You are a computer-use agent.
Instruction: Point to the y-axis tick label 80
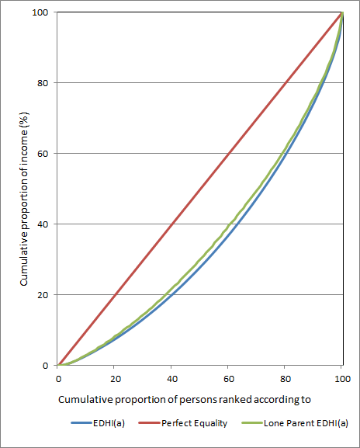tap(44, 83)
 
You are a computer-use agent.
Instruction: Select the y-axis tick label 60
tap(44, 154)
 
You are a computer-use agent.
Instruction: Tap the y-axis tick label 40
tap(44, 224)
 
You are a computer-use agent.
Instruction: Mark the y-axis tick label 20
tap(44, 295)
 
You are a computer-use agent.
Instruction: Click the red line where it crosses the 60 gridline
tap(228, 154)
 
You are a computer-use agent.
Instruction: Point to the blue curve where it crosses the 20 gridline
tap(172, 295)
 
